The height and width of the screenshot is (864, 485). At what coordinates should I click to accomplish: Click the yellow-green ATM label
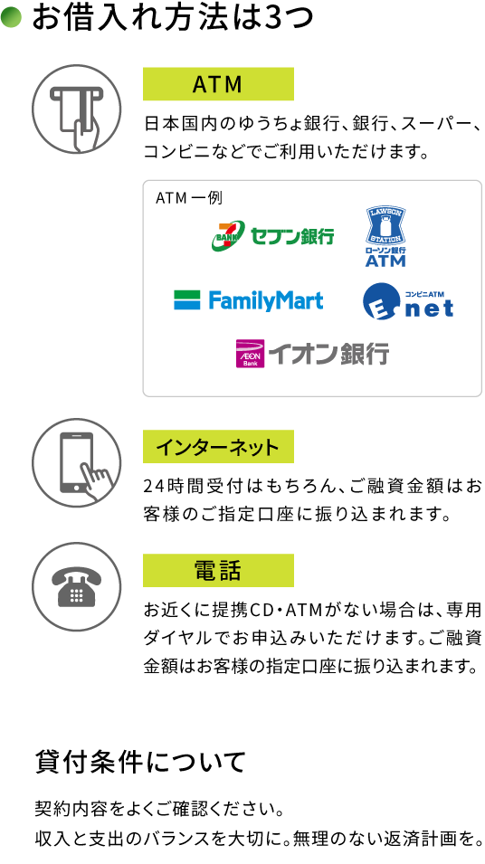[x=218, y=84]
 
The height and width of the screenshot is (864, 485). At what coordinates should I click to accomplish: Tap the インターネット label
[x=218, y=447]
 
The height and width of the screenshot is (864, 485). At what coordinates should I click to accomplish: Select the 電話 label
[x=218, y=571]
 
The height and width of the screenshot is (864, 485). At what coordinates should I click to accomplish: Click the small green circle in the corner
[x=11, y=16]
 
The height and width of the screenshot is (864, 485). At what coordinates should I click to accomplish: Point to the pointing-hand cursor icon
[x=97, y=482]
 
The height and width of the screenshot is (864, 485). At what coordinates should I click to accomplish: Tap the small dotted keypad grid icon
[x=77, y=595]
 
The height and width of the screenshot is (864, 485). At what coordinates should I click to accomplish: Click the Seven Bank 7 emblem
[x=228, y=235]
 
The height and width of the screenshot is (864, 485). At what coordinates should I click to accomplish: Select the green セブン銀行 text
[x=291, y=237]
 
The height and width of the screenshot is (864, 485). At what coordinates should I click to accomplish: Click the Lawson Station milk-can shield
[x=385, y=225]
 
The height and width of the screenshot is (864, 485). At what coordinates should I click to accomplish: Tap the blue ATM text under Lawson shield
[x=385, y=261]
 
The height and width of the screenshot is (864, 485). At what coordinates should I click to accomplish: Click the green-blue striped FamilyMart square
[x=187, y=300]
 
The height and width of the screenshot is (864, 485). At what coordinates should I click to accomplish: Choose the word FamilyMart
[x=265, y=300]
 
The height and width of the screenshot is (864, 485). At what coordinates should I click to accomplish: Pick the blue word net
[x=429, y=309]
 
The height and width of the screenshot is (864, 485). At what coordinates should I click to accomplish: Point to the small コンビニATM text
[x=424, y=294]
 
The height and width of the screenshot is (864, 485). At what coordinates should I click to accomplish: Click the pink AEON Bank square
[x=251, y=354]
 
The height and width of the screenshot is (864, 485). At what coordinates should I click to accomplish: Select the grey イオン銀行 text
[x=328, y=354]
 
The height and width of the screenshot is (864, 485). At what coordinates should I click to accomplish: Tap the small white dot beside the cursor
[x=76, y=489]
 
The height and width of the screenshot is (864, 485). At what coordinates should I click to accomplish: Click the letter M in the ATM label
[x=233, y=84]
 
